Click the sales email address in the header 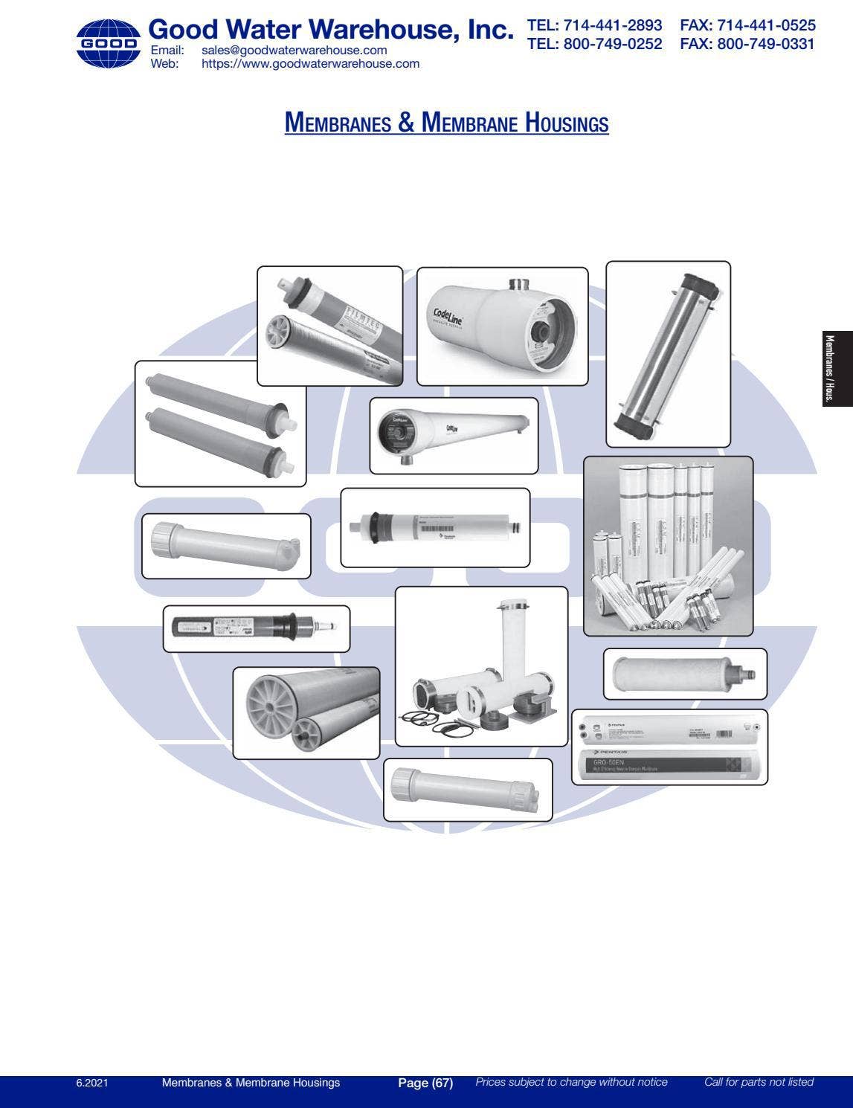pyautogui.click(x=294, y=51)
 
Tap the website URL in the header pyautogui.click(x=310, y=64)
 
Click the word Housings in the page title pyautogui.click(x=567, y=122)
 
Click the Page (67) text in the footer pyautogui.click(x=425, y=1083)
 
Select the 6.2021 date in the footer pyautogui.click(x=92, y=1083)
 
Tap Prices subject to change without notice pyautogui.click(x=571, y=1082)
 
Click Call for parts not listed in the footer pyautogui.click(x=758, y=1082)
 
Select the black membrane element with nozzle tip pyautogui.click(x=253, y=628)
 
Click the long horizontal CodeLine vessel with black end pyautogui.click(x=454, y=435)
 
